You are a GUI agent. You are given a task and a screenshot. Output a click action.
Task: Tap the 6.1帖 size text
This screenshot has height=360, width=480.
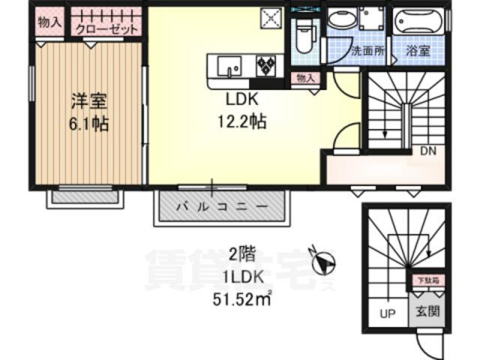pos(89,123)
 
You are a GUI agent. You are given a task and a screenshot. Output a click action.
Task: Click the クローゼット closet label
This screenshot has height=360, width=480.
pos(106,30)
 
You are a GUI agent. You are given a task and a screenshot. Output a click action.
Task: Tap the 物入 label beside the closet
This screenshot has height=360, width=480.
pos(49,23)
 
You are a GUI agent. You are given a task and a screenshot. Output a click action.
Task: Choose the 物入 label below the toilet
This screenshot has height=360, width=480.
pos(304,78)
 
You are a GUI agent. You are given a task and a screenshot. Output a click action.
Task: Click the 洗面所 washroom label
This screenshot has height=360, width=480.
pos(368,52)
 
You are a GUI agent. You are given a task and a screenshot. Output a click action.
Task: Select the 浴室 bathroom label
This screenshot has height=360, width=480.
pos(418,52)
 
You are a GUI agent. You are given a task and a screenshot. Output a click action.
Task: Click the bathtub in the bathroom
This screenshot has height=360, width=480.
pos(417,22)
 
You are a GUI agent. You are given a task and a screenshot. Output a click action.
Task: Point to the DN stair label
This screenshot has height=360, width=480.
pos(427,151)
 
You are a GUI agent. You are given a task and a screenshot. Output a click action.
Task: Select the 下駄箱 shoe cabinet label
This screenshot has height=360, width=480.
pos(428,281)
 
